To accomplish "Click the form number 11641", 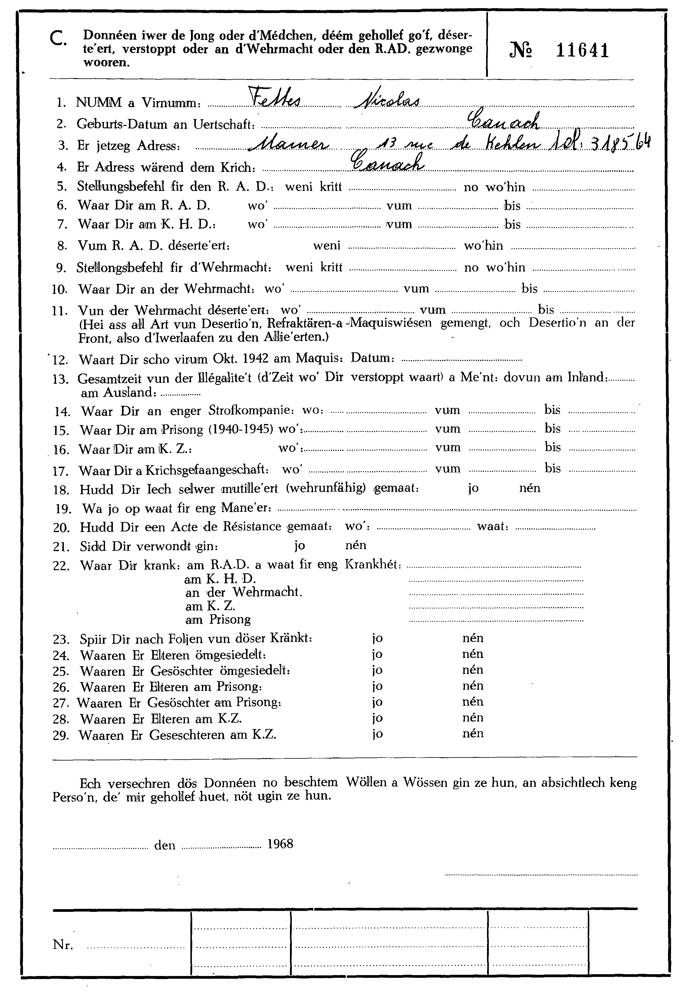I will pos(583,51).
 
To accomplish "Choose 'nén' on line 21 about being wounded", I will pos(356,545).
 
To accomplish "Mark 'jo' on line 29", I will pos(377,734).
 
